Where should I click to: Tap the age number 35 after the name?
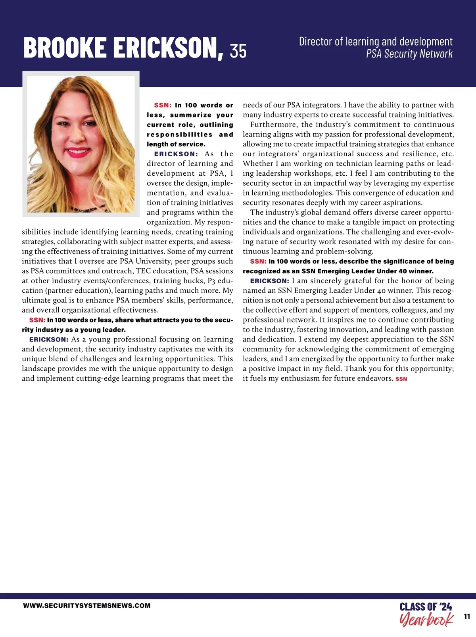click(x=238, y=51)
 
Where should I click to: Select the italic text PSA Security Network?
click(x=409, y=54)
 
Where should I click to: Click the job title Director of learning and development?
click(x=375, y=42)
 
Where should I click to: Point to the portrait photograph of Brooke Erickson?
click(x=81, y=144)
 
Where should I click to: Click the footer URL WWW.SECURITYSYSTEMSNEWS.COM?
click(x=87, y=606)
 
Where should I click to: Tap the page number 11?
click(x=466, y=617)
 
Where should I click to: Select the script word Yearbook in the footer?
click(x=426, y=620)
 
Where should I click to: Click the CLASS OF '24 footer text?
click(x=426, y=607)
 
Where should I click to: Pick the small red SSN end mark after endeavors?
click(x=401, y=379)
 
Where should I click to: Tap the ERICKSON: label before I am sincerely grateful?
click(x=270, y=281)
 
